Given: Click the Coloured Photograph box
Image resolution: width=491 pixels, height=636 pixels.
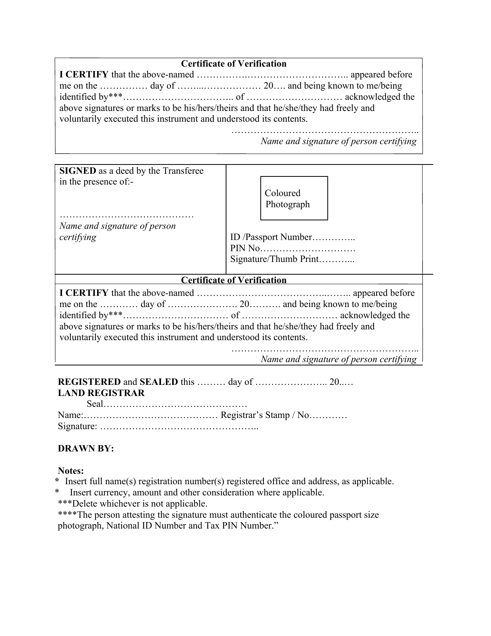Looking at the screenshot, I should (x=294, y=198).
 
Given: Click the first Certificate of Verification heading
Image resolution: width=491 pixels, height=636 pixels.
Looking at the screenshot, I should (x=234, y=64).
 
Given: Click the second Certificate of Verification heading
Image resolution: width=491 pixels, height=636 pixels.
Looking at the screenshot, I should (x=234, y=280).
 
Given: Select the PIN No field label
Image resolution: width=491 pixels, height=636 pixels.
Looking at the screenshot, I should (x=245, y=248).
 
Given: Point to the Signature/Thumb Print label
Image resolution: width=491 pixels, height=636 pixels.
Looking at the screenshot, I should (x=275, y=259).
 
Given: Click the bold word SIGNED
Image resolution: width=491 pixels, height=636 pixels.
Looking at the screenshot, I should (x=77, y=171).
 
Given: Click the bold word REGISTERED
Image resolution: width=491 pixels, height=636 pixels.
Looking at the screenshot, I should (x=89, y=382).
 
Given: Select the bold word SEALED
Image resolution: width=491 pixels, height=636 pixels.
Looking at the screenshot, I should (x=159, y=382).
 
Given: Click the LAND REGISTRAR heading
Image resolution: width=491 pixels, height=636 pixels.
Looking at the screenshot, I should (x=101, y=393).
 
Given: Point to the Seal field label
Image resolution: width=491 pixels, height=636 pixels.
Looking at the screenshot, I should (x=95, y=404).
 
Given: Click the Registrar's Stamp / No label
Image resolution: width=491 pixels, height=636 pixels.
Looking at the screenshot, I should (x=265, y=415).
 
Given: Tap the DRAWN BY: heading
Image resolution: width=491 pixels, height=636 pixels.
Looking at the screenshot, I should (x=85, y=448).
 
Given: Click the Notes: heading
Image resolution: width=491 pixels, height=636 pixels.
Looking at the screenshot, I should (x=70, y=471).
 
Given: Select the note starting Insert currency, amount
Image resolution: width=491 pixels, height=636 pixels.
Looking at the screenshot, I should (x=196, y=492).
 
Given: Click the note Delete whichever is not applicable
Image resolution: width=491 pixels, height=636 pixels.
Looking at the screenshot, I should (x=132, y=503).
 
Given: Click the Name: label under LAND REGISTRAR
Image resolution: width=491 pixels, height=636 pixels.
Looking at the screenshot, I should (x=70, y=415).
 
